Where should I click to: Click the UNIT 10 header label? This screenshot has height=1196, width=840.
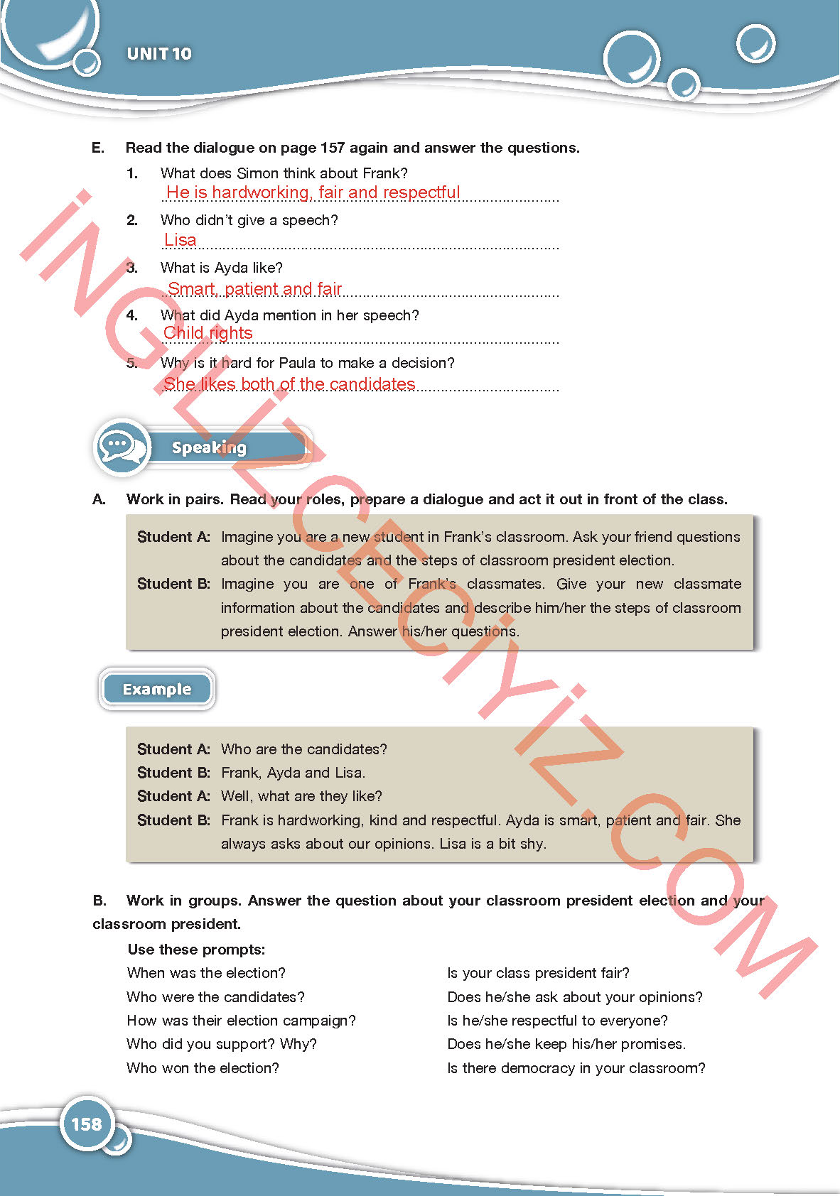coord(159,54)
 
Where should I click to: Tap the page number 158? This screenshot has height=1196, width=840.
coord(87,1124)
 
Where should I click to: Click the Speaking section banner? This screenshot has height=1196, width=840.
coord(209,447)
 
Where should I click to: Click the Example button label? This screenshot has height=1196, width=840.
coord(157,690)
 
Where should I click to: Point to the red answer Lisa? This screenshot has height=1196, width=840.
coord(181,240)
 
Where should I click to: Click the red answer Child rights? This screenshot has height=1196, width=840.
coord(208,333)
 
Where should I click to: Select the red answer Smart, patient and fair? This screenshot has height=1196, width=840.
coord(255,289)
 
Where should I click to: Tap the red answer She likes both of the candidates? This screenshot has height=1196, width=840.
coord(289,384)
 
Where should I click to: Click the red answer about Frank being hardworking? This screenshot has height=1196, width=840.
coord(313,192)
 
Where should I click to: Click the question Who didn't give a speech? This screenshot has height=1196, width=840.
coord(249,220)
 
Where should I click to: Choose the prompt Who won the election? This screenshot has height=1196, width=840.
coord(203,1068)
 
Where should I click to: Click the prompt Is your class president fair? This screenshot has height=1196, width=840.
coord(538,973)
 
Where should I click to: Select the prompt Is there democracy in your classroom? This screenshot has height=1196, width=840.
coord(576,1068)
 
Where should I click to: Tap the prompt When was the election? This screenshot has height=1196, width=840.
coord(206,973)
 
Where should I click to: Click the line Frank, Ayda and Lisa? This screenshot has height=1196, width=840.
coord(293,773)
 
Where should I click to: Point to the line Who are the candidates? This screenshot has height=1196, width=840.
coord(304,749)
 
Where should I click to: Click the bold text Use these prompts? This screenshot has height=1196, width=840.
coord(196,950)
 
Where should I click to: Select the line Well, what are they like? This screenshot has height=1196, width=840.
coord(301,796)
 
